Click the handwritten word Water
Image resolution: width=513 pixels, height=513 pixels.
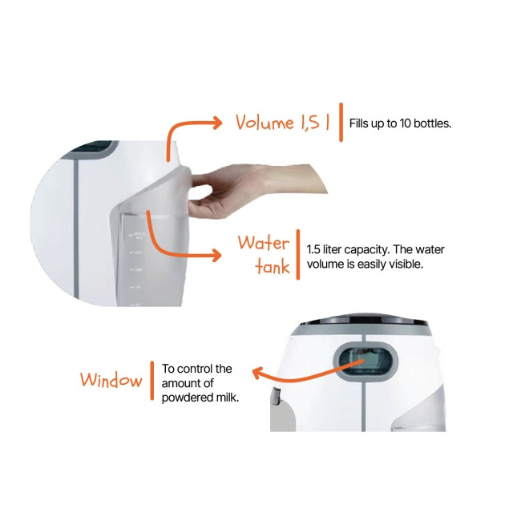click(x=264, y=243)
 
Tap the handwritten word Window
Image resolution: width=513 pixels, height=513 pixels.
click(x=111, y=380)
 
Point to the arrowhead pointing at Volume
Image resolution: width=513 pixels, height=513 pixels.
click(x=217, y=123)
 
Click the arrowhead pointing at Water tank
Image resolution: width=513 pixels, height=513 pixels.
click(x=216, y=256)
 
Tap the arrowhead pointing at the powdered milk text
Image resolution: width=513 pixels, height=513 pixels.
click(x=258, y=373)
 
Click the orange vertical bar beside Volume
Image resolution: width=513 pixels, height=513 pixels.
click(x=341, y=122)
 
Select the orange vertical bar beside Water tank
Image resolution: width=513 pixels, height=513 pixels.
click(x=298, y=255)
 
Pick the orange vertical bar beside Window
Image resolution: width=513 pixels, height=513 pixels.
click(x=151, y=381)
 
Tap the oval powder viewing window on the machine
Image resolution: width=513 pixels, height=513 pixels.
click(x=366, y=362)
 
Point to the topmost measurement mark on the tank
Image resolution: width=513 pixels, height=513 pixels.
click(x=131, y=235)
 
